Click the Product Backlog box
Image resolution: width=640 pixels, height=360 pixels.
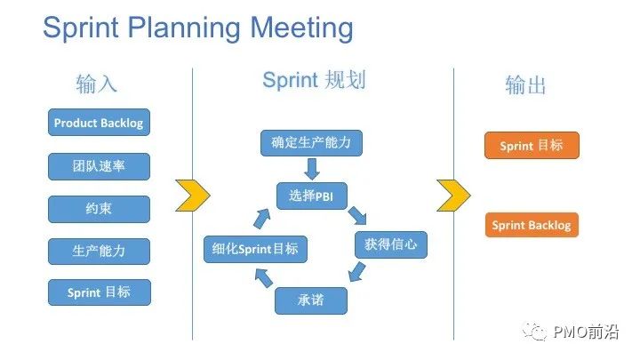(98, 123)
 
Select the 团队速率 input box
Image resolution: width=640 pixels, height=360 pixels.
(98, 166)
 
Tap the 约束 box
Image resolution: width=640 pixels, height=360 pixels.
(98, 209)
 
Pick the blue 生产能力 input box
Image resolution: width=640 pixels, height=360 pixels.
(98, 251)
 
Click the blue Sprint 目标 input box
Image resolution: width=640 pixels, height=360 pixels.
(98, 292)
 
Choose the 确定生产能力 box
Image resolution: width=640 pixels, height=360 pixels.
(311, 142)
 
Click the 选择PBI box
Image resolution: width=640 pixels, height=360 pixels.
(311, 195)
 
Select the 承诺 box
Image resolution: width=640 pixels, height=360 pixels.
(310, 300)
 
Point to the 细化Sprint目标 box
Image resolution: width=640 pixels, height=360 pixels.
(255, 249)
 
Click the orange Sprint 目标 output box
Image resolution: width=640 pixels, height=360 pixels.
(532, 146)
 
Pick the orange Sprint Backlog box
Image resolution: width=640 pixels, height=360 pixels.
(532, 225)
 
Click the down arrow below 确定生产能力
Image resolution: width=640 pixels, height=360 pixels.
(311, 168)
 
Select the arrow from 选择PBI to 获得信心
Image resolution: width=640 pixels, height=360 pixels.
(357, 216)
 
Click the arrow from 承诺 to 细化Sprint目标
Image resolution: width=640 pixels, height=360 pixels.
(263, 279)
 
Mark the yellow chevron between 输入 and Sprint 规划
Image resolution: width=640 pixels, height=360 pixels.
(192, 195)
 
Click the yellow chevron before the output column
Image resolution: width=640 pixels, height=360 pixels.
(453, 195)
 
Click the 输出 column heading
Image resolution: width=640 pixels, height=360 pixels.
(525, 85)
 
